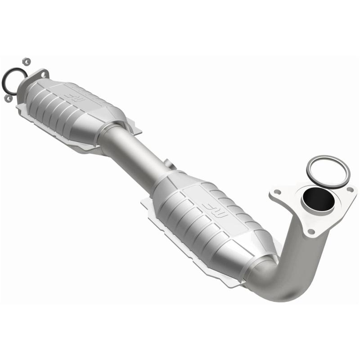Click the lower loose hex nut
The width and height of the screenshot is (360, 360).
click(8, 98)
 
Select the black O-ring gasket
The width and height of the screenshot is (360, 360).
click(13, 81)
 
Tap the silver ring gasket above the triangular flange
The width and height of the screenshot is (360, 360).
click(328, 172)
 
